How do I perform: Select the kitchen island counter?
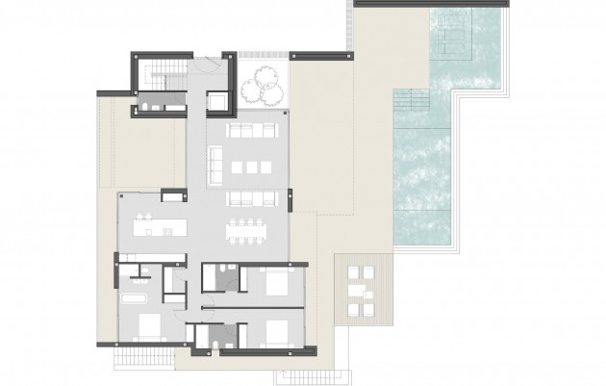click(x=160, y=228)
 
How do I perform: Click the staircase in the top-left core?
click(x=160, y=73)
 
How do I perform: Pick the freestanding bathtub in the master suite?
click(x=135, y=297)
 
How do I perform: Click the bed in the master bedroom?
click(x=148, y=325)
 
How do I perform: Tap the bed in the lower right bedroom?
click(x=276, y=331)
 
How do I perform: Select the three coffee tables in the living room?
click(x=252, y=167)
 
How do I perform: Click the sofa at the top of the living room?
click(x=252, y=130)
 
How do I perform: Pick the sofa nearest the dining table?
click(x=252, y=197)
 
